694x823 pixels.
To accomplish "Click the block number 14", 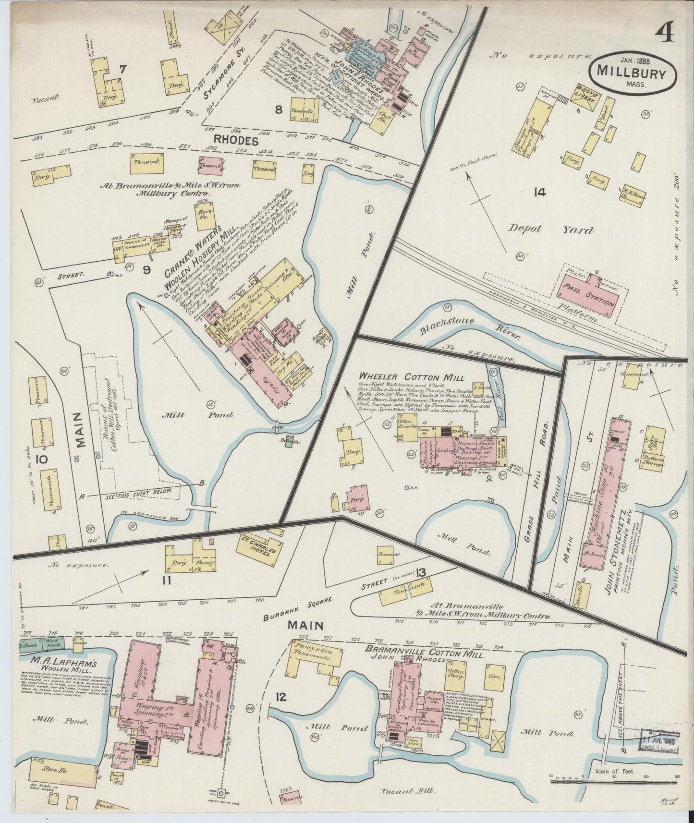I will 539,193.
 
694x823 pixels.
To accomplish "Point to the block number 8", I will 278,109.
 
